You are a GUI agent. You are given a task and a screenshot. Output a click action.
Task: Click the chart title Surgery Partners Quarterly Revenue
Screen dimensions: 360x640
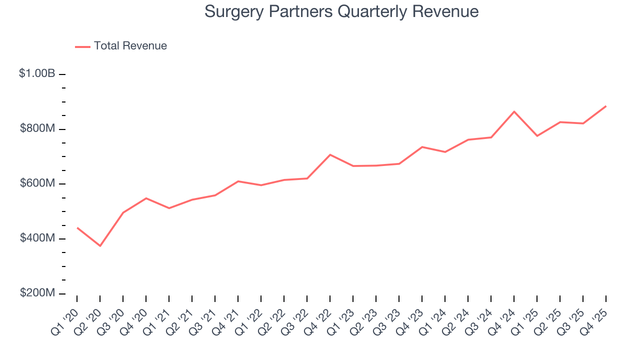point(341,11)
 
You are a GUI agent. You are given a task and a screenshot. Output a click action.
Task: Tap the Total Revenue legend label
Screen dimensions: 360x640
point(130,46)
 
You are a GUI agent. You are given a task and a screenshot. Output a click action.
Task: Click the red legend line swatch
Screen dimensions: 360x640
point(82,46)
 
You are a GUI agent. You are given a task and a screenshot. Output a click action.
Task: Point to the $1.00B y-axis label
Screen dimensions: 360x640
point(37,73)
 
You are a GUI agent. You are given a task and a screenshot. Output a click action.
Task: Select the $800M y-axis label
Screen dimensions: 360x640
point(37,128)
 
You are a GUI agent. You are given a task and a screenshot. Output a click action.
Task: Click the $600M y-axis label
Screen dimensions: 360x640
point(37,183)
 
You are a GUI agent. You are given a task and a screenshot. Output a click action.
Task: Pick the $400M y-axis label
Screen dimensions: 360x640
point(37,238)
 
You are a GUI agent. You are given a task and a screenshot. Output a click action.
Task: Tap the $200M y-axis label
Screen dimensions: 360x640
point(37,293)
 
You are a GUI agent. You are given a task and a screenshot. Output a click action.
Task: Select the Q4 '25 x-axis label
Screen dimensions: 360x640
point(595,321)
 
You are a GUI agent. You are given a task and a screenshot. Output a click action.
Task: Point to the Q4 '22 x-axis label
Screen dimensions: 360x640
point(319,321)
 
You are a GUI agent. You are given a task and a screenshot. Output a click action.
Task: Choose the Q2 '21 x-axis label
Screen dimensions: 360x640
point(181,321)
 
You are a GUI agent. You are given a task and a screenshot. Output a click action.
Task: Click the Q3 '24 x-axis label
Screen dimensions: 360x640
point(480,321)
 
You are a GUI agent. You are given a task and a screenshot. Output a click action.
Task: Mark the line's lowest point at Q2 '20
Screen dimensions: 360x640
point(100,246)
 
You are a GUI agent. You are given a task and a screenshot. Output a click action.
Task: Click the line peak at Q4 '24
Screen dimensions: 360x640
point(514,111)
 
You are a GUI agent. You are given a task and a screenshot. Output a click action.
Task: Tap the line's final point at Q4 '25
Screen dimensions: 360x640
point(606,106)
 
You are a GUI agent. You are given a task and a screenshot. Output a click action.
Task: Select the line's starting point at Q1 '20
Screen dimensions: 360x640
point(77,228)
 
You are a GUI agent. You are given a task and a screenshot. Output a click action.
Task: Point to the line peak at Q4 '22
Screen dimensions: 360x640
point(330,154)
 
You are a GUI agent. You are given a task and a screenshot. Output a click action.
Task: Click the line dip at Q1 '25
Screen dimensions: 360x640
point(537,136)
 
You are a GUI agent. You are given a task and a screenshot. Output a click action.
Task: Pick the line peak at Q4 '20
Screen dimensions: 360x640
point(146,198)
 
